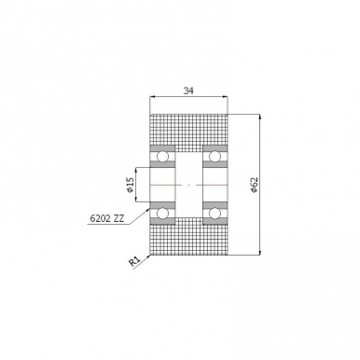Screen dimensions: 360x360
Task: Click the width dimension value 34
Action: coord(188,90)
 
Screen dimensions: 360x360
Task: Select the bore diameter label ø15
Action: coord(131,186)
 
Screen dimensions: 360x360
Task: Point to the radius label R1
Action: coord(134,263)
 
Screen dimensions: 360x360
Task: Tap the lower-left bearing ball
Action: coord(162,215)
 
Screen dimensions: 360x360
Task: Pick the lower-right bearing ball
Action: coord(215,215)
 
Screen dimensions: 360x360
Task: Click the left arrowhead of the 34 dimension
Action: coord(153,98)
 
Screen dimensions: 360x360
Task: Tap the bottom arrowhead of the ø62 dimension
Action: coord(260,253)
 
